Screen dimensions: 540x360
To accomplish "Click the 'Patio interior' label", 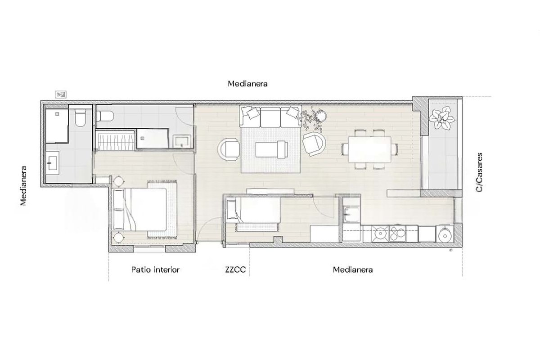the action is pyautogui.click(x=155, y=270).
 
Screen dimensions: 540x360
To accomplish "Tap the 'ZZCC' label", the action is pyautogui.click(x=235, y=270).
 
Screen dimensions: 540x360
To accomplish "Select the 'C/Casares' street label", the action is pyautogui.click(x=479, y=172).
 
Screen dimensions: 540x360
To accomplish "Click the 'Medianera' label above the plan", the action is pyautogui.click(x=247, y=84).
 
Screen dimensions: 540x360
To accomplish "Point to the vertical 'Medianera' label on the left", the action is pyautogui.click(x=23, y=186).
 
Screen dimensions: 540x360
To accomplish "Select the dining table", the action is pyautogui.click(x=370, y=149).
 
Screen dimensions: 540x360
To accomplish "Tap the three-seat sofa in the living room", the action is pyautogui.click(x=270, y=117).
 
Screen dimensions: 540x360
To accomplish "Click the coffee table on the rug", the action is pyautogui.click(x=271, y=149).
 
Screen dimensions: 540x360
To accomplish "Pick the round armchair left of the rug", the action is pyautogui.click(x=229, y=149).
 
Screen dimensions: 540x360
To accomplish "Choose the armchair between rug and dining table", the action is pyautogui.click(x=314, y=144).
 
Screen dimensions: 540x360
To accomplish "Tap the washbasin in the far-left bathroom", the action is pyautogui.click(x=52, y=163).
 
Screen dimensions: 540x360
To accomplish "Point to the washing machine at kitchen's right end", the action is pyautogui.click(x=445, y=234).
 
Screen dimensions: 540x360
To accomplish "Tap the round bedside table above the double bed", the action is pyautogui.click(x=119, y=181).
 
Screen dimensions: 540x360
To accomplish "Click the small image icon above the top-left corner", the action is pyautogui.click(x=61, y=95).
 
